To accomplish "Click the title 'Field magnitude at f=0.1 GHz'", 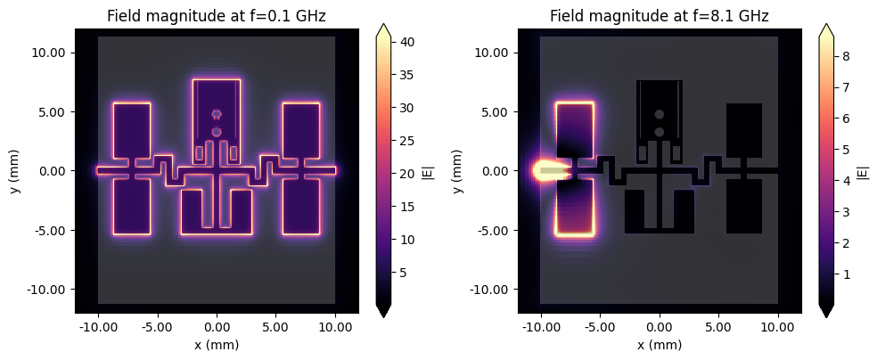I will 217,16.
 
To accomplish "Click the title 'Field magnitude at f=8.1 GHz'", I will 660,16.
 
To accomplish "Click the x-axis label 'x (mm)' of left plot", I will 217,345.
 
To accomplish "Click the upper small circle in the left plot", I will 217,114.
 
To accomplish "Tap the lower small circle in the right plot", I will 660,132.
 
